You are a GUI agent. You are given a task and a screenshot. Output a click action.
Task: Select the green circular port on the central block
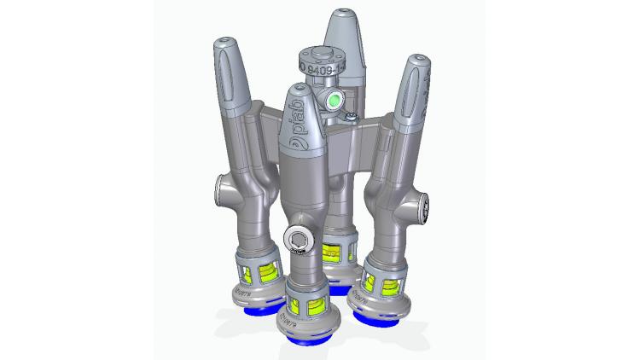tap(335, 101)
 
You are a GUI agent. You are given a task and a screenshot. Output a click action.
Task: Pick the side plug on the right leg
tap(424, 206)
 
